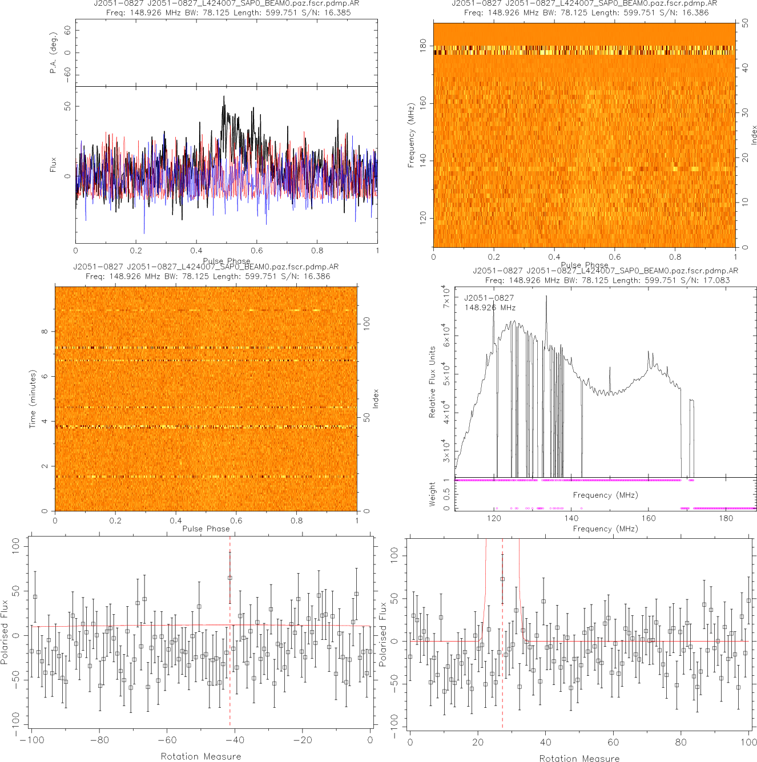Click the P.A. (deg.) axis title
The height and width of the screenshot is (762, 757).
click(54, 53)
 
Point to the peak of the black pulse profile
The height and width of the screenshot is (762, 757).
click(224, 96)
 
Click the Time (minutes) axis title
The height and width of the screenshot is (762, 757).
click(33, 399)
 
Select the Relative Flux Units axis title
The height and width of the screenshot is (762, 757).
click(432, 382)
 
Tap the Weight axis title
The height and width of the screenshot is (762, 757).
click(432, 494)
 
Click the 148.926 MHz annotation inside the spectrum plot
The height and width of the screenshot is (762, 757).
click(490, 308)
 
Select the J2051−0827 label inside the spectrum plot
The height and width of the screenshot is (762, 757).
click(489, 298)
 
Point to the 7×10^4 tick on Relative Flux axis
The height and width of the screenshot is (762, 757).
click(447, 297)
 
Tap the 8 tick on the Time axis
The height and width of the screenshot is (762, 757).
click(45, 332)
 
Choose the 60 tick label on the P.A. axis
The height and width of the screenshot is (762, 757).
click(68, 30)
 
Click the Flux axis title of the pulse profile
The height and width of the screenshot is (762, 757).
click(54, 165)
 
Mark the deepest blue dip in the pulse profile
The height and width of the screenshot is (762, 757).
click(144, 233)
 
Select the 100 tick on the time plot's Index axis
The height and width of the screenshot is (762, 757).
click(367, 324)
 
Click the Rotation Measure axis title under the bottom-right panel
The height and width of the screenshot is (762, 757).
click(579, 758)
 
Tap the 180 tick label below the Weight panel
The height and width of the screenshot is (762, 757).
click(726, 518)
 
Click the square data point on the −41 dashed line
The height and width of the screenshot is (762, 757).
click(230, 578)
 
